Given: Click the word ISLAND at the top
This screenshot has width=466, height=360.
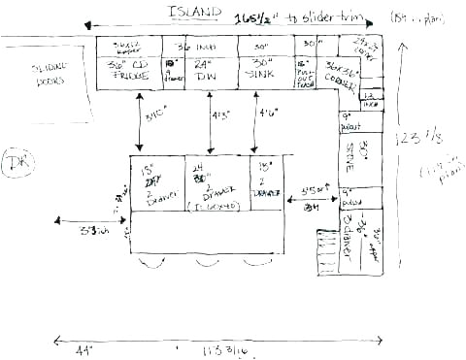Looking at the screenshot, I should (x=188, y=11).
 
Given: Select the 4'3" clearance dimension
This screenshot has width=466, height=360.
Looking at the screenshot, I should (x=219, y=115).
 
